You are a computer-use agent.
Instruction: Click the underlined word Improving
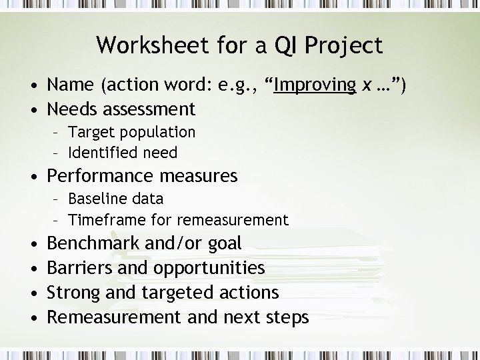(x=315, y=86)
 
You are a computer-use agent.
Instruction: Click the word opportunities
(x=209, y=269)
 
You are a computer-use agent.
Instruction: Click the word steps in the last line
(x=286, y=317)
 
